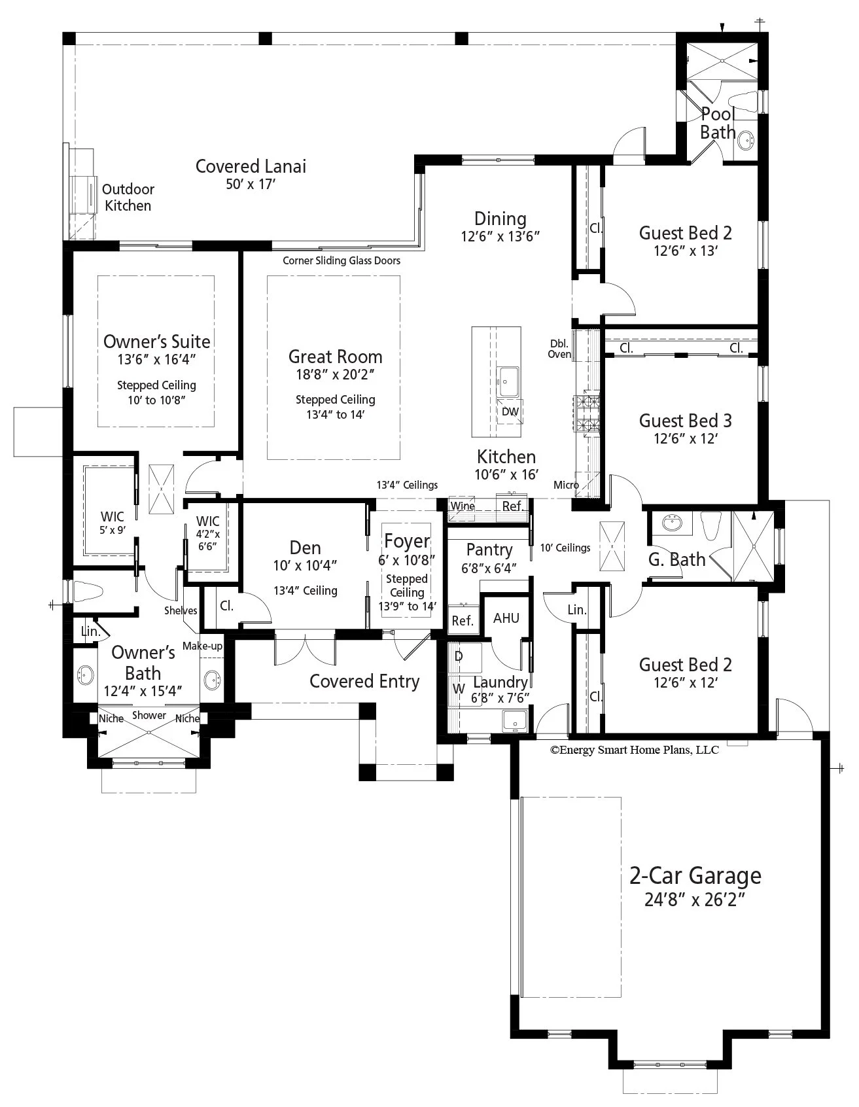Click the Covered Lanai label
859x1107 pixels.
[x=251, y=166]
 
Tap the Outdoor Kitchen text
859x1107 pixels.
[x=128, y=198]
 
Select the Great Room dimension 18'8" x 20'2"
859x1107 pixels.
[x=335, y=374]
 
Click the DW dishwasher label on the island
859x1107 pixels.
[x=510, y=412]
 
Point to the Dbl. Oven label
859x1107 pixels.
[x=559, y=349]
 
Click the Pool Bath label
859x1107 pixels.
[x=718, y=123]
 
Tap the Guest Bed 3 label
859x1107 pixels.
[x=685, y=421]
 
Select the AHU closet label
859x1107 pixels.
[x=506, y=618]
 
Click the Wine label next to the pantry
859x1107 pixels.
[x=463, y=506]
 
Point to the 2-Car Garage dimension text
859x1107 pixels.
[x=695, y=900]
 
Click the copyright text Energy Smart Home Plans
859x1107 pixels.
[x=634, y=750]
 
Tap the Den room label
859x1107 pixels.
[x=305, y=548]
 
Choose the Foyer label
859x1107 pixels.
[x=406, y=541]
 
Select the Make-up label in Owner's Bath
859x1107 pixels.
[x=202, y=646]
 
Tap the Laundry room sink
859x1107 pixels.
[x=515, y=722]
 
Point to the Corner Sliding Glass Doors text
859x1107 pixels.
[x=341, y=260]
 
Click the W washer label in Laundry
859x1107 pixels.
[x=459, y=688]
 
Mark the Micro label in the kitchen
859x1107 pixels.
[x=566, y=485]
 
